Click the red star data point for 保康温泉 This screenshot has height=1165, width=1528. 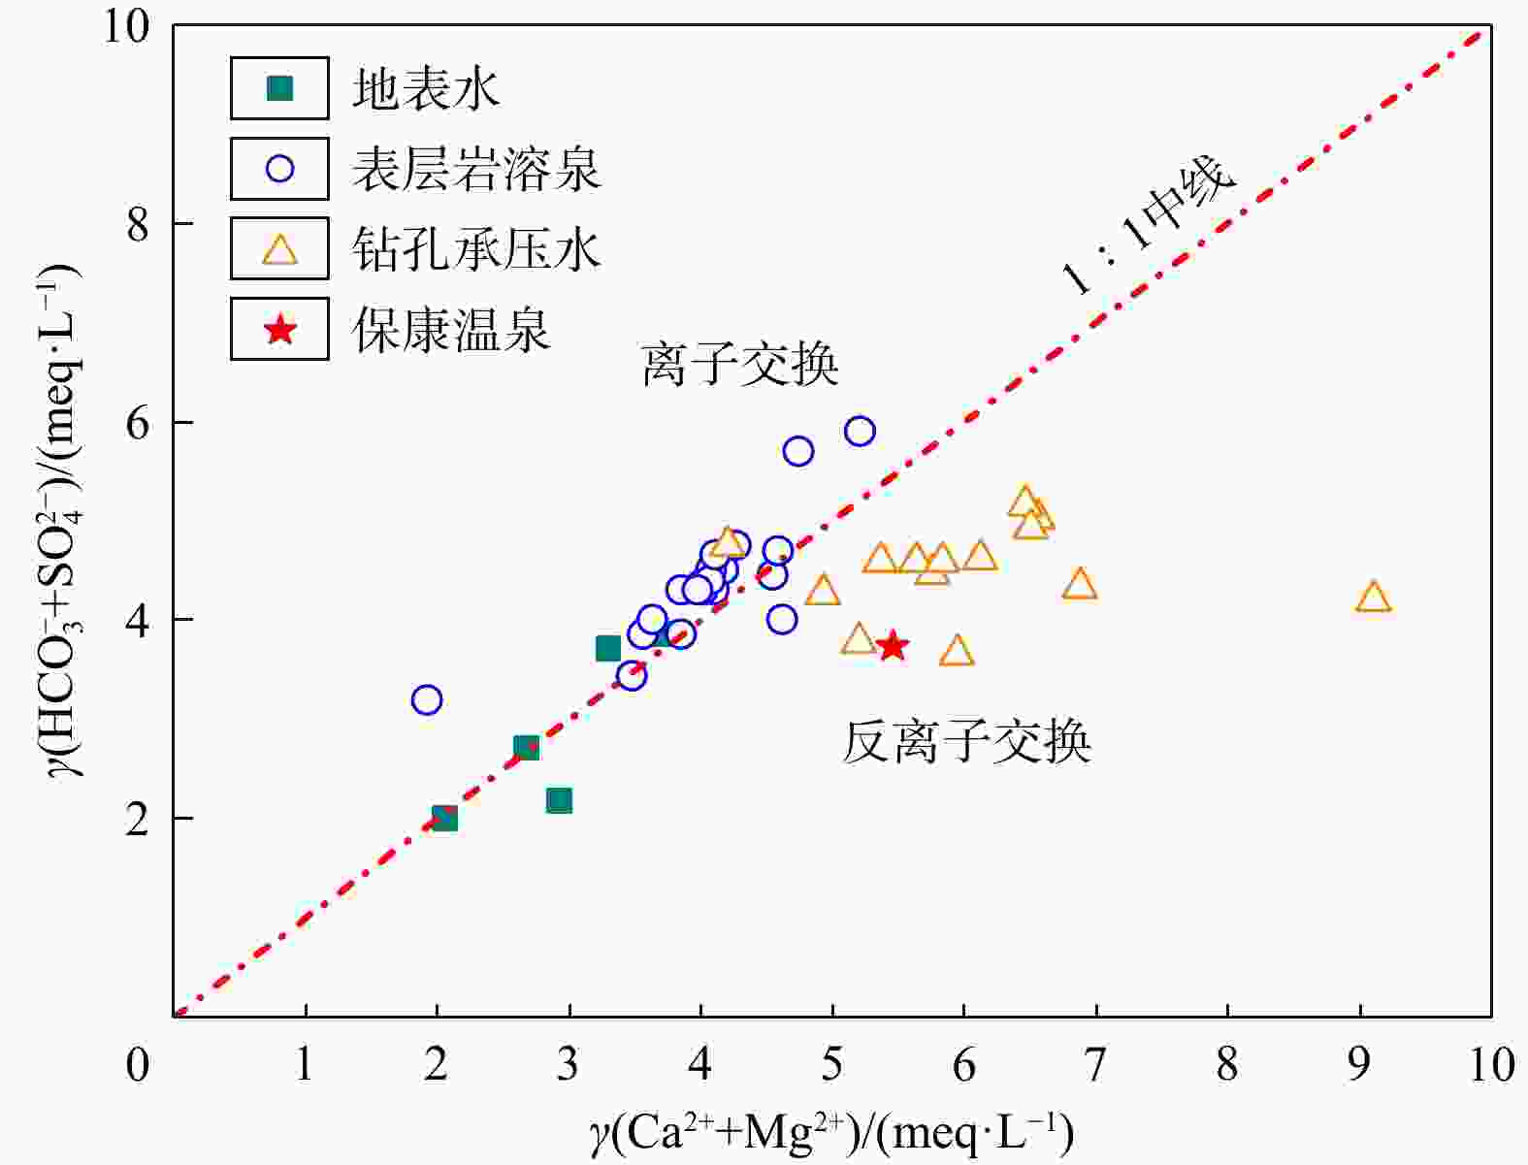click(x=893, y=647)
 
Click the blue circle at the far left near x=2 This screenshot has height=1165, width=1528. click(x=427, y=699)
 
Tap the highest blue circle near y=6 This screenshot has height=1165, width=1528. click(x=860, y=432)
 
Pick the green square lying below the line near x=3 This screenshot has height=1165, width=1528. click(x=560, y=800)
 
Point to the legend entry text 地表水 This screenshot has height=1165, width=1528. click(x=426, y=89)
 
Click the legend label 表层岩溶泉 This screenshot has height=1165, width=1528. click(x=476, y=169)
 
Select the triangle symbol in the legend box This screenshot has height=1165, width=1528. click(x=279, y=249)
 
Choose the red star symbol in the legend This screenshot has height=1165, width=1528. click(x=279, y=329)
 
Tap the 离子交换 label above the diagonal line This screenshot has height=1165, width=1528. click(x=740, y=364)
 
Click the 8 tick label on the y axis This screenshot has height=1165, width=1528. click(x=137, y=224)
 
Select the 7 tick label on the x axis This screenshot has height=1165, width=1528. click(x=1095, y=1064)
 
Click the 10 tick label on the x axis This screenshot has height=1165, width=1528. click(x=1492, y=1064)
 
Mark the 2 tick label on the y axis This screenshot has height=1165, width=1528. click(x=137, y=819)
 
